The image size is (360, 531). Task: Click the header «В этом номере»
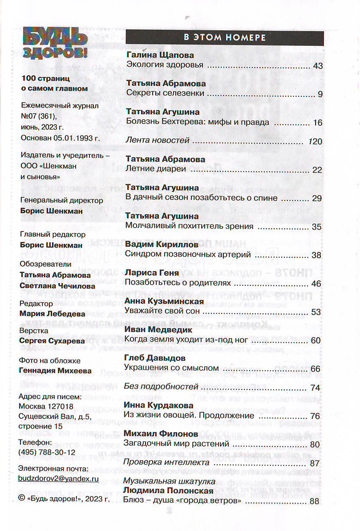[x=225, y=38]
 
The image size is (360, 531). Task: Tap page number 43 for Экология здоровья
[x=317, y=65]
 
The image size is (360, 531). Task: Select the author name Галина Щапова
[x=160, y=56]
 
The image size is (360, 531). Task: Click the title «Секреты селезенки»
[x=165, y=93]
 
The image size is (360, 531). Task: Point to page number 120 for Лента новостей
[x=315, y=141]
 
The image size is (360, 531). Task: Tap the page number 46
[x=316, y=283]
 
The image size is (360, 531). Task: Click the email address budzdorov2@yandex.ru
[x=58, y=479]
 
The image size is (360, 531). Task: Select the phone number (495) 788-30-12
[x=47, y=452]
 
